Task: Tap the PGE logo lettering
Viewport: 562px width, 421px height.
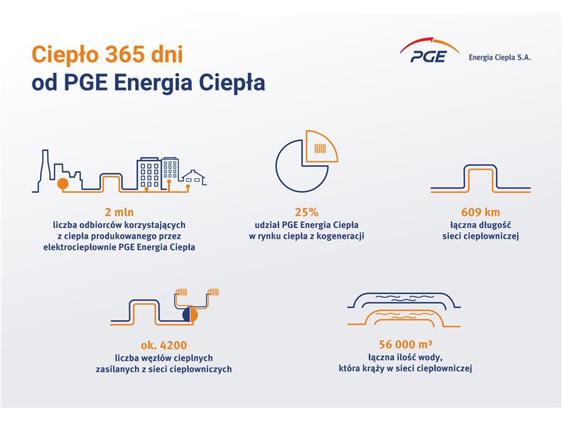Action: click(429, 57)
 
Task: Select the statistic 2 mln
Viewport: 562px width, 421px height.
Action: click(119, 213)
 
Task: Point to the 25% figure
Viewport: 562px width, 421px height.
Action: click(306, 213)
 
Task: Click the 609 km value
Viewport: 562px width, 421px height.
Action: click(481, 213)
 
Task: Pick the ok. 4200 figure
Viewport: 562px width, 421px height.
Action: click(164, 345)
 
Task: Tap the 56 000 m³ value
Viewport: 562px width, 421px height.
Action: click(405, 344)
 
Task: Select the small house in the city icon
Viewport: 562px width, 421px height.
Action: click(194, 178)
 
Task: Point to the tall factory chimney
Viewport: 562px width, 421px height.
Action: click(45, 167)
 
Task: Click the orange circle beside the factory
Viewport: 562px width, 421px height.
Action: click(63, 184)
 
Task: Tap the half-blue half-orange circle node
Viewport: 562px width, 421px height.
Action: click(190, 315)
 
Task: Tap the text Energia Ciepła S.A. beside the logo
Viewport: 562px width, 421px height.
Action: click(499, 58)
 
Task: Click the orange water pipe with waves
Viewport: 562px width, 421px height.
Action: click(404, 317)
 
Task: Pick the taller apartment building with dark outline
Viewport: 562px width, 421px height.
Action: click(149, 173)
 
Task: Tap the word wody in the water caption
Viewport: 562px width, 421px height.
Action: click(433, 358)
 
